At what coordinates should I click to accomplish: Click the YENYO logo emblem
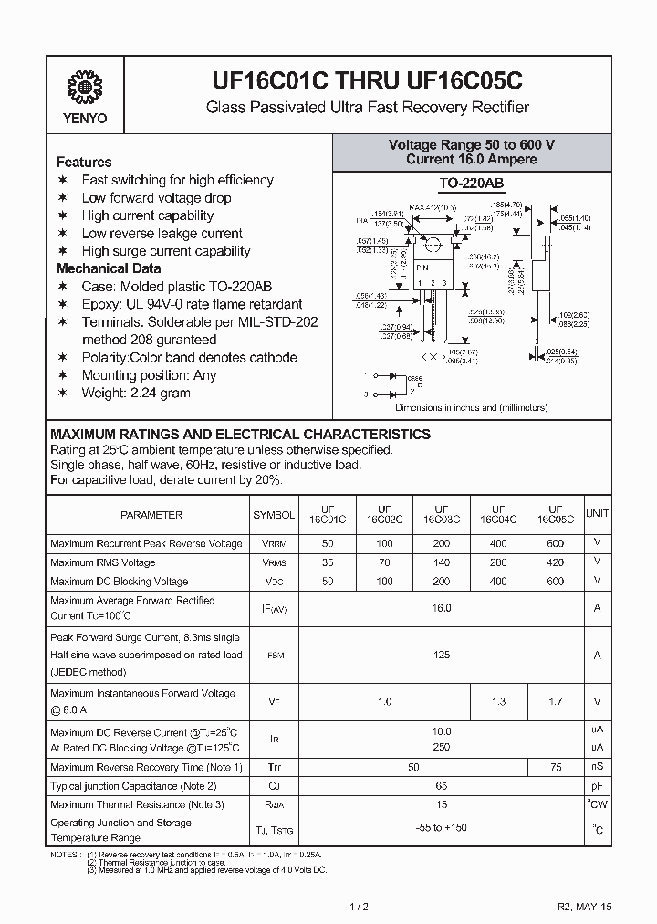pyautogui.click(x=85, y=89)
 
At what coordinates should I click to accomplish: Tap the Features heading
pyautogui.click(x=84, y=162)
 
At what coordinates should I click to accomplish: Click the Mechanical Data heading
pyautogui.click(x=109, y=268)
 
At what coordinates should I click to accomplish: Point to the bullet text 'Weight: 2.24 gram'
pyautogui.click(x=136, y=393)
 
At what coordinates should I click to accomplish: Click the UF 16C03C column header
pyautogui.click(x=441, y=515)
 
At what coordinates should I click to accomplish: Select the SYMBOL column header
pyautogui.click(x=274, y=515)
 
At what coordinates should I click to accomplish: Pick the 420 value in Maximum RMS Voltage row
pyautogui.click(x=555, y=562)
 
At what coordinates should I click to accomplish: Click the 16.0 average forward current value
pyautogui.click(x=441, y=607)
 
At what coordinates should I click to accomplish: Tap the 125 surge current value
pyautogui.click(x=441, y=655)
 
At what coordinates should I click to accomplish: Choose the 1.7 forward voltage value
pyautogui.click(x=555, y=701)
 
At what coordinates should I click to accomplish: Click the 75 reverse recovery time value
pyautogui.click(x=555, y=766)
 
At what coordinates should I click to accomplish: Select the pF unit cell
pyautogui.click(x=597, y=785)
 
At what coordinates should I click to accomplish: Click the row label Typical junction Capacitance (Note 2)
pyautogui.click(x=133, y=785)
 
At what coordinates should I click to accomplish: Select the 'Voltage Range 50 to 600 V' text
pyautogui.click(x=472, y=145)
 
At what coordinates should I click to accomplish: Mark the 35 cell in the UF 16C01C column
pyautogui.click(x=327, y=562)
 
